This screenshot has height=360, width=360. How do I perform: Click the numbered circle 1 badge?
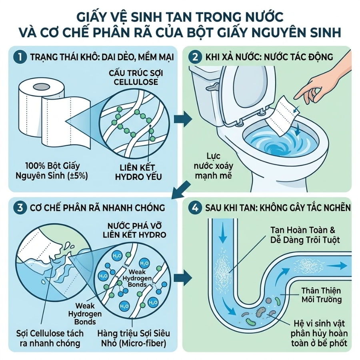(x=20, y=57)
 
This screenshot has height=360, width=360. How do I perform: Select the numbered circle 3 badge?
(x=20, y=208)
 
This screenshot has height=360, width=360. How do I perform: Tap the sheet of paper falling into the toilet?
(x=283, y=116)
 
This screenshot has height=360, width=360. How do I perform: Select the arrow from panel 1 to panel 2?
(x=183, y=119)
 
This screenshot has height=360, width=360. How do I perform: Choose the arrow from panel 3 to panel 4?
(x=183, y=279)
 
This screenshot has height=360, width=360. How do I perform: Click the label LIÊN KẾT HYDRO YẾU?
(x=138, y=172)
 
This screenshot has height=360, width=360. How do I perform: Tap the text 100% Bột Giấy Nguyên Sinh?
(x=52, y=170)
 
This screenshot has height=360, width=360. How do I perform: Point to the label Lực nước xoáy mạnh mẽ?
(x=213, y=166)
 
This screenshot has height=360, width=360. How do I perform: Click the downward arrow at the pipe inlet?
(x=222, y=235)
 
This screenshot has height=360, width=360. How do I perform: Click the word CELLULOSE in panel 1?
(x=136, y=82)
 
